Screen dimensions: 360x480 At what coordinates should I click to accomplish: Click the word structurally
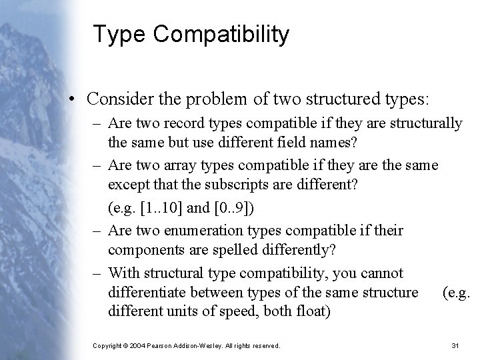pyautogui.click(x=425, y=123)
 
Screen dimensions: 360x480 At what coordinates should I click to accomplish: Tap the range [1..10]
pyautogui.click(x=158, y=207)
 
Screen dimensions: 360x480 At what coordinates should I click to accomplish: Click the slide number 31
pyautogui.click(x=456, y=345)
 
